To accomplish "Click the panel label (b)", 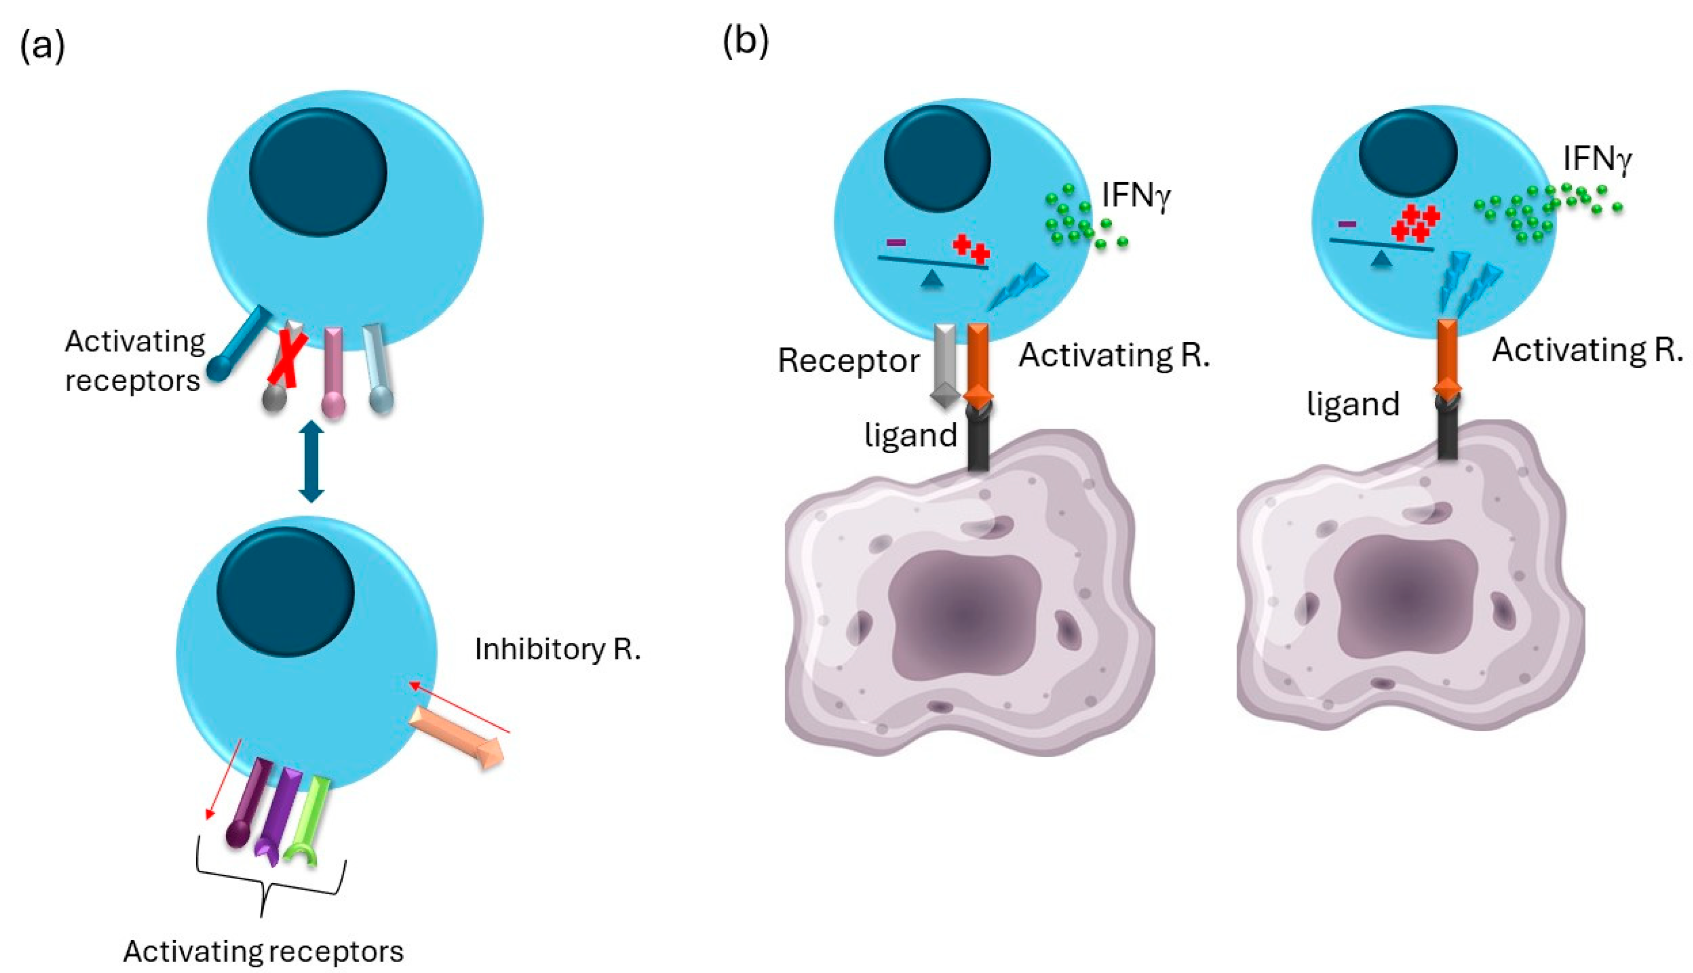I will click(745, 41).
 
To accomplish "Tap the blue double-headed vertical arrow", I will click(311, 461).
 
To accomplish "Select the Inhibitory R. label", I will click(557, 649).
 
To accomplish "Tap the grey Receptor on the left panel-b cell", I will click(945, 364).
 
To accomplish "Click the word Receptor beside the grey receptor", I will click(848, 361).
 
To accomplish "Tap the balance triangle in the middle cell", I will click(932, 280).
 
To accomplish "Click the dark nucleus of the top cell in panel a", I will click(318, 172).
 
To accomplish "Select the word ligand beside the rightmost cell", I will click(1353, 404).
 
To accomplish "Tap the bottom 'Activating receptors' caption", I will click(263, 951).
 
